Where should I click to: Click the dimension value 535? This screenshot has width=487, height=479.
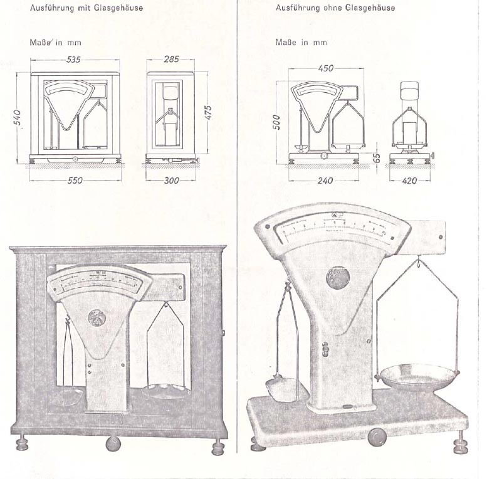pos(75,60)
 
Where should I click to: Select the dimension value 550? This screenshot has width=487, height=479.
pos(75,181)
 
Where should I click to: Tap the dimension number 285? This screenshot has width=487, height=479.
pos(171,60)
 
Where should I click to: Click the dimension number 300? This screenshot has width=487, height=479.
pos(171,181)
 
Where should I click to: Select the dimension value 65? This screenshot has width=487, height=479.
pos(377,158)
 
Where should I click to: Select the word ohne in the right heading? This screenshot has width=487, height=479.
pos(329,8)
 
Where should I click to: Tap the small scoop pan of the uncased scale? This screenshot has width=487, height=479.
pos(282,384)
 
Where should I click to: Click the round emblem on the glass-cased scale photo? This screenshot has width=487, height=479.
pos(98,313)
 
